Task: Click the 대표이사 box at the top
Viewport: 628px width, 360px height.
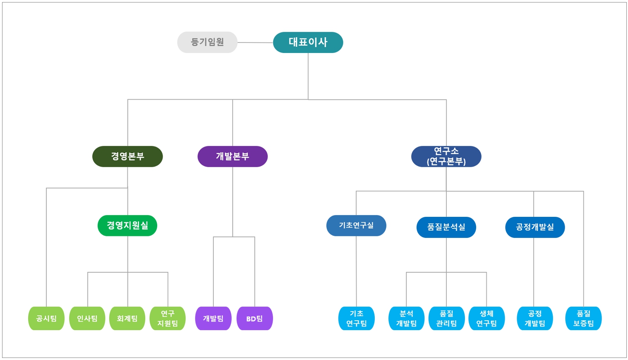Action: coord(308,42)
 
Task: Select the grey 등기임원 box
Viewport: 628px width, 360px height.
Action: coord(207,42)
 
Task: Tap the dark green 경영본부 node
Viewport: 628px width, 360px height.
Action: coord(127,156)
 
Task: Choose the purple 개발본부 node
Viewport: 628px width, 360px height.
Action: coord(233,156)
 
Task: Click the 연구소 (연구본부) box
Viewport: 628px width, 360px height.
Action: coord(446,156)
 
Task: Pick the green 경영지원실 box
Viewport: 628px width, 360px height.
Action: coord(127,226)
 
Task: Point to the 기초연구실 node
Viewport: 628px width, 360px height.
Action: coord(356,226)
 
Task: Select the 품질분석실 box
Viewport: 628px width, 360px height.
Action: coord(446,227)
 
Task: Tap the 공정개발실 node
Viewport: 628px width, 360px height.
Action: coord(535,227)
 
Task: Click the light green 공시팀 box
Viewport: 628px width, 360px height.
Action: coord(46,318)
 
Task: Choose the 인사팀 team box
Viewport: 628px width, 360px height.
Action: coord(87,318)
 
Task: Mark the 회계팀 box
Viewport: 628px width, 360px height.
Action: coord(127,318)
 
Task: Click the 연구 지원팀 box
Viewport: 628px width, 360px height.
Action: coord(168,318)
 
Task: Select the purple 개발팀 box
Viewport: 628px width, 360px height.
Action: coord(213,318)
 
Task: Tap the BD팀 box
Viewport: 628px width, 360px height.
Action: coord(254,318)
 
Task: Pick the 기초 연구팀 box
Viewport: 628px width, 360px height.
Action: coord(356,318)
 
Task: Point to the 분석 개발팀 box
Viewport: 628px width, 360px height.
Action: coord(406,318)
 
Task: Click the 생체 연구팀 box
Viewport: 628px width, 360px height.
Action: coord(487,318)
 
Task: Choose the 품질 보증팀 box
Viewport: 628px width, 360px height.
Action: coord(583,318)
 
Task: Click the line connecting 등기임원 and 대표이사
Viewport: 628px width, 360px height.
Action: coord(255,42)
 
